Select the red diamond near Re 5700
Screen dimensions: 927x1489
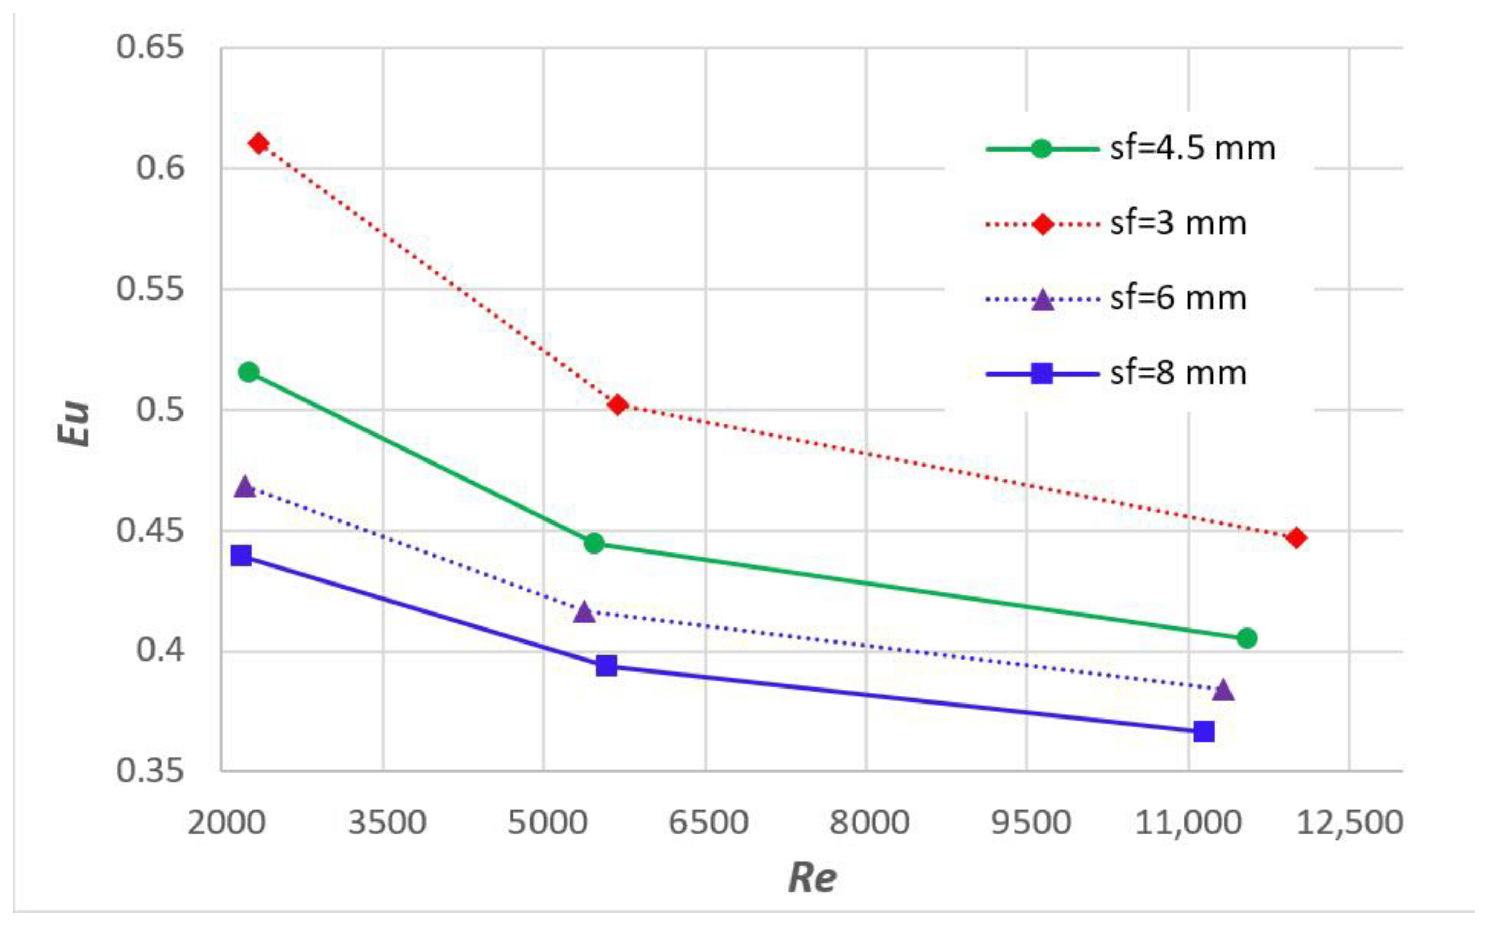tap(618, 405)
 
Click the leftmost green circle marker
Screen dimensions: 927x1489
tap(249, 372)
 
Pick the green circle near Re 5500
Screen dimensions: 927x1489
tap(594, 543)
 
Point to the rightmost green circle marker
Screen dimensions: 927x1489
tap(1247, 638)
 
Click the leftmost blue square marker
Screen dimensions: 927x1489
tap(241, 556)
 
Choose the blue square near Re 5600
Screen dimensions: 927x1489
tap(606, 665)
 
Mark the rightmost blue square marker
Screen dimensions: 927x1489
tap(1204, 731)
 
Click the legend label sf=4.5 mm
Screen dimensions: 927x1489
tap(1192, 148)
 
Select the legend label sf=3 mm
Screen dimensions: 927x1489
tap(1178, 224)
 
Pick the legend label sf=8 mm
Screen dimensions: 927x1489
tap(1178, 373)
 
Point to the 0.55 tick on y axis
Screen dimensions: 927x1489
tap(150, 289)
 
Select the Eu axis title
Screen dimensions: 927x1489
tap(74, 423)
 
